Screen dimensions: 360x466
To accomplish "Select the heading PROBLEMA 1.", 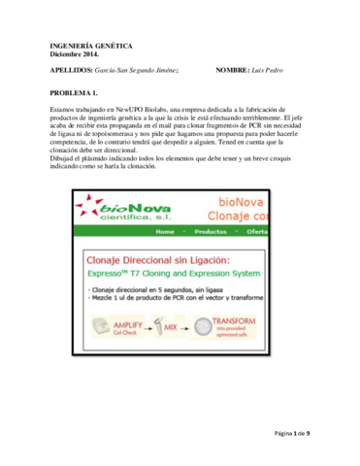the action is (74, 92).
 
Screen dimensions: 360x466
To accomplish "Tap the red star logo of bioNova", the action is (89, 206).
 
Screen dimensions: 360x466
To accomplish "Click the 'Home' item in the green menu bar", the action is (166, 233).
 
